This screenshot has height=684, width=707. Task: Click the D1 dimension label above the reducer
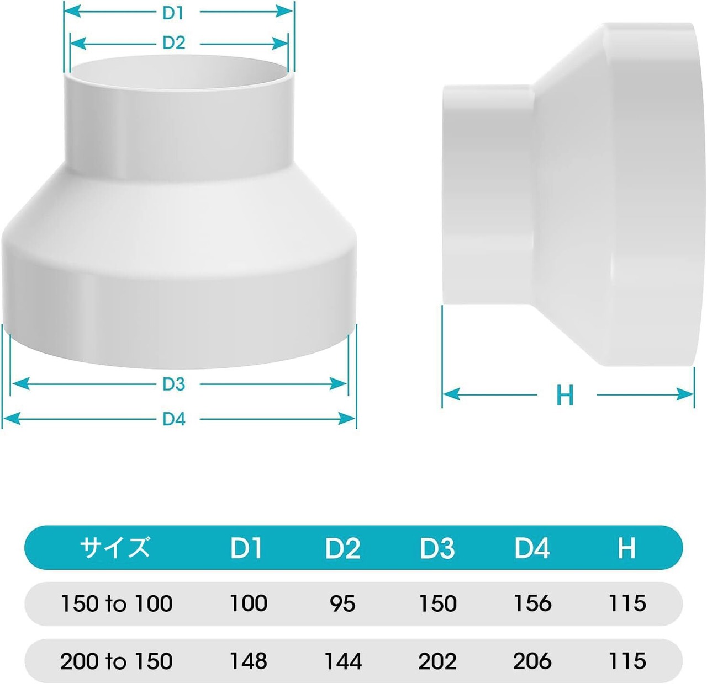[173, 13]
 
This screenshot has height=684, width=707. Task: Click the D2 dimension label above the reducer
[173, 43]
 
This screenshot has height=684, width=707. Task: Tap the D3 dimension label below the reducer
[173, 384]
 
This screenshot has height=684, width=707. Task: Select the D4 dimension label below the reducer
[173, 419]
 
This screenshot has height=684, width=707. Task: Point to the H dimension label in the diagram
[565, 395]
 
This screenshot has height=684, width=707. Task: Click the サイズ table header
[115, 547]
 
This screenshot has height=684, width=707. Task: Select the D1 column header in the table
[246, 548]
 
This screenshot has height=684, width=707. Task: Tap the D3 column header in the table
[437, 548]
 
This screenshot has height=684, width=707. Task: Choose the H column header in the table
[627, 548]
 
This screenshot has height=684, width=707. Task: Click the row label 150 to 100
[116, 604]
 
